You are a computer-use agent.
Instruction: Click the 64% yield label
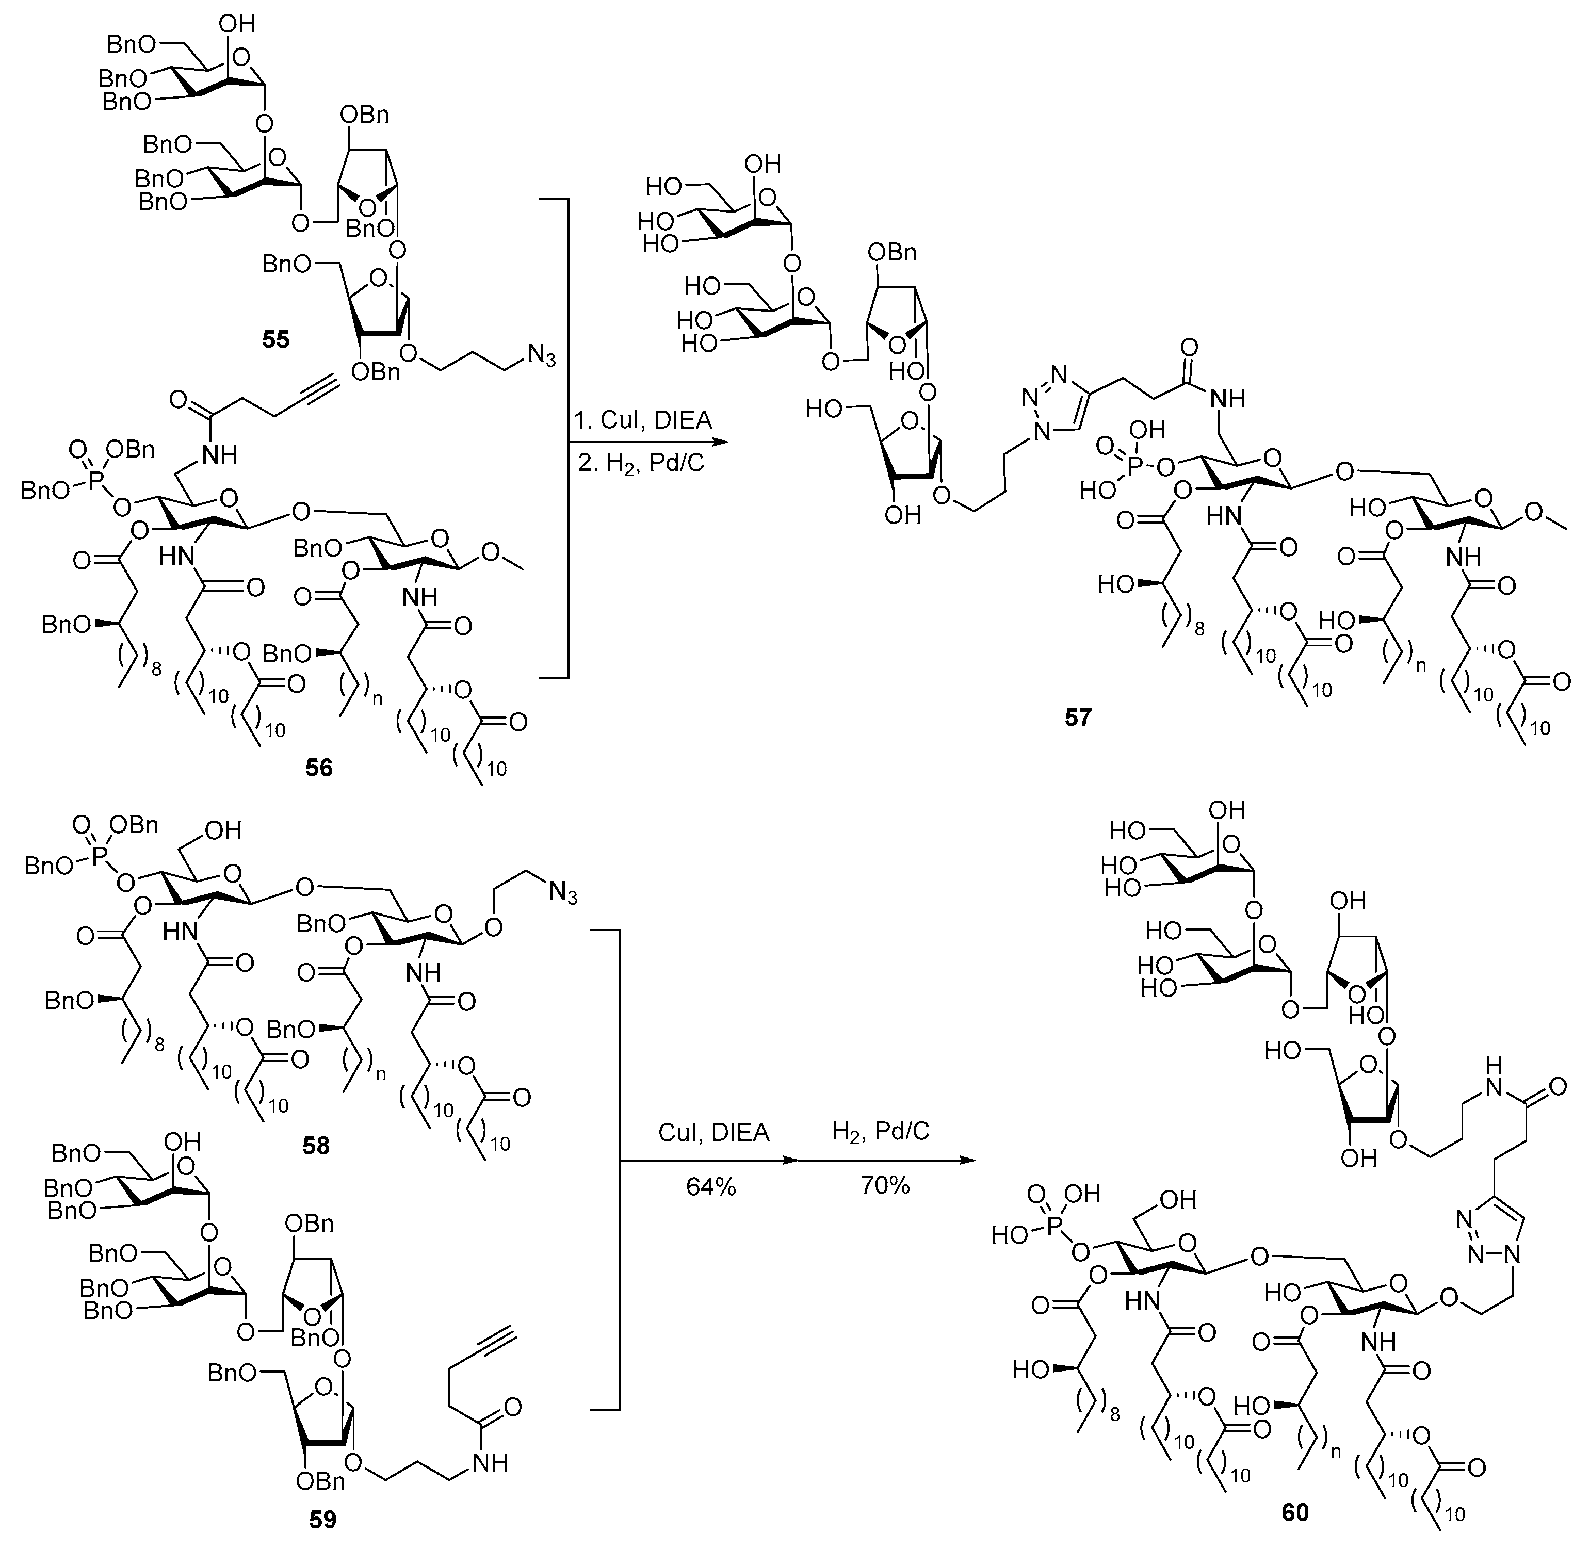(x=711, y=1187)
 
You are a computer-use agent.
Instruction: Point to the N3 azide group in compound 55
(x=541, y=356)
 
